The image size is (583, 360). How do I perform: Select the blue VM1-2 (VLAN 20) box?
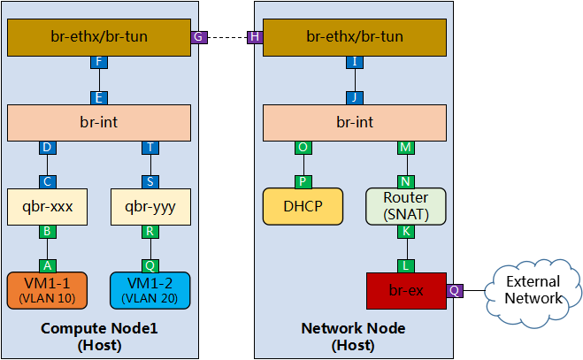150,290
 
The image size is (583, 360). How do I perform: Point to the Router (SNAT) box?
406,206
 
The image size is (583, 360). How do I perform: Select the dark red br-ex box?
406,290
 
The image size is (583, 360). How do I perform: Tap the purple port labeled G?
200,37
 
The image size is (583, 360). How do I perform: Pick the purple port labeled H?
255,37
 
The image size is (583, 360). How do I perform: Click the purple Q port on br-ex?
455,290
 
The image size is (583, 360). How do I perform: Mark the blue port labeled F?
99,63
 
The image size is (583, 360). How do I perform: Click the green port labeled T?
150,148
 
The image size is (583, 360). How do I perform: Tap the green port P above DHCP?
303,180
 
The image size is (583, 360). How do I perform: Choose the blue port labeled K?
406,231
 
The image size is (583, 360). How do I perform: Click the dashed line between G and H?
227,37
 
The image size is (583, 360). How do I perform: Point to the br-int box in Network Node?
355,122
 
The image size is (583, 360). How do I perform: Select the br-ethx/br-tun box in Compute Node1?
99,37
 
